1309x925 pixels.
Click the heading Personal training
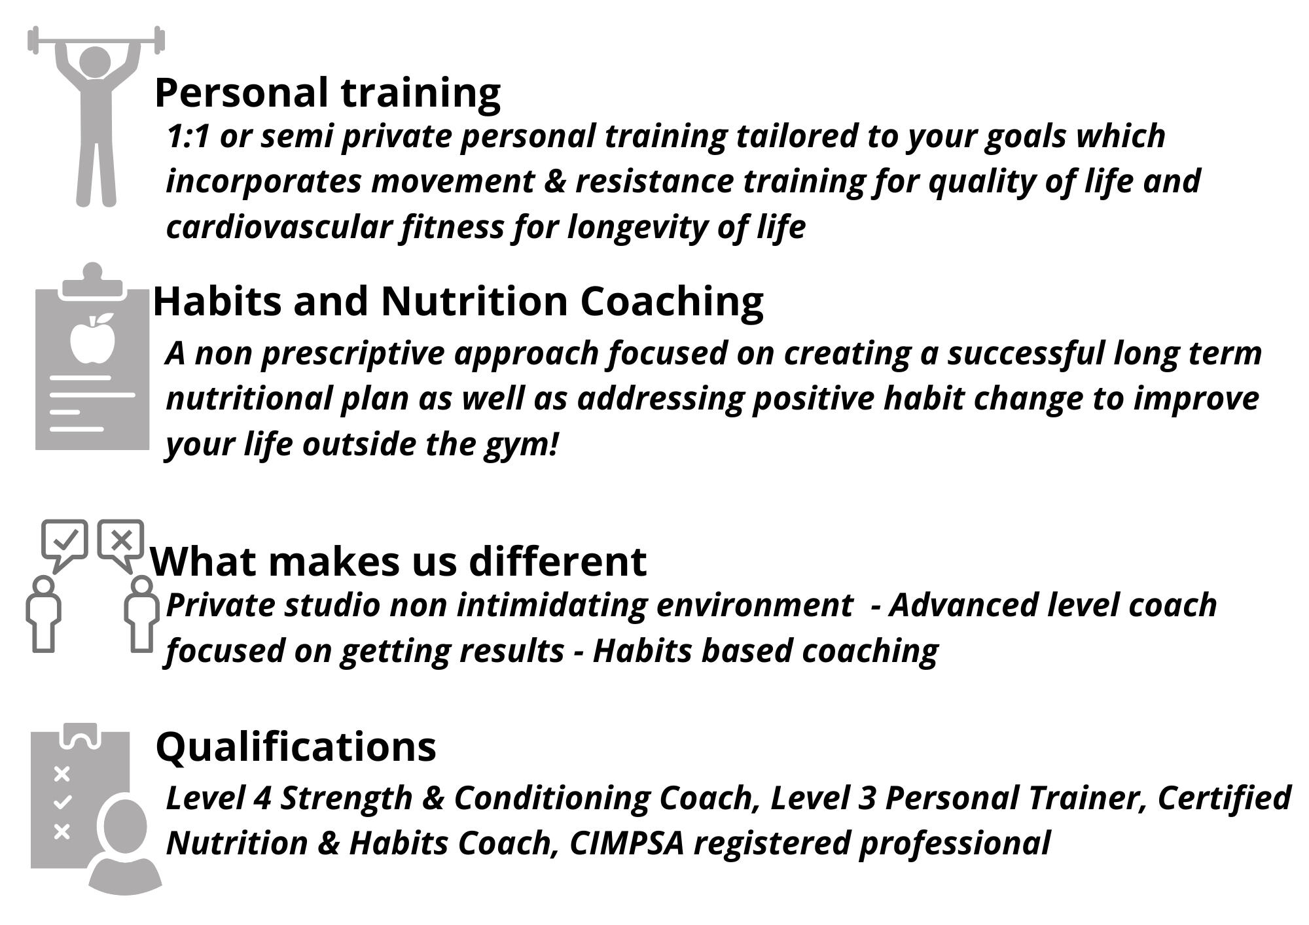(x=327, y=93)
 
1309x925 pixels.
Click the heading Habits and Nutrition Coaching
(x=458, y=302)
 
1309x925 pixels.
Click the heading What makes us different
(x=399, y=561)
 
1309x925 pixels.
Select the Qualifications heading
(x=296, y=747)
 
